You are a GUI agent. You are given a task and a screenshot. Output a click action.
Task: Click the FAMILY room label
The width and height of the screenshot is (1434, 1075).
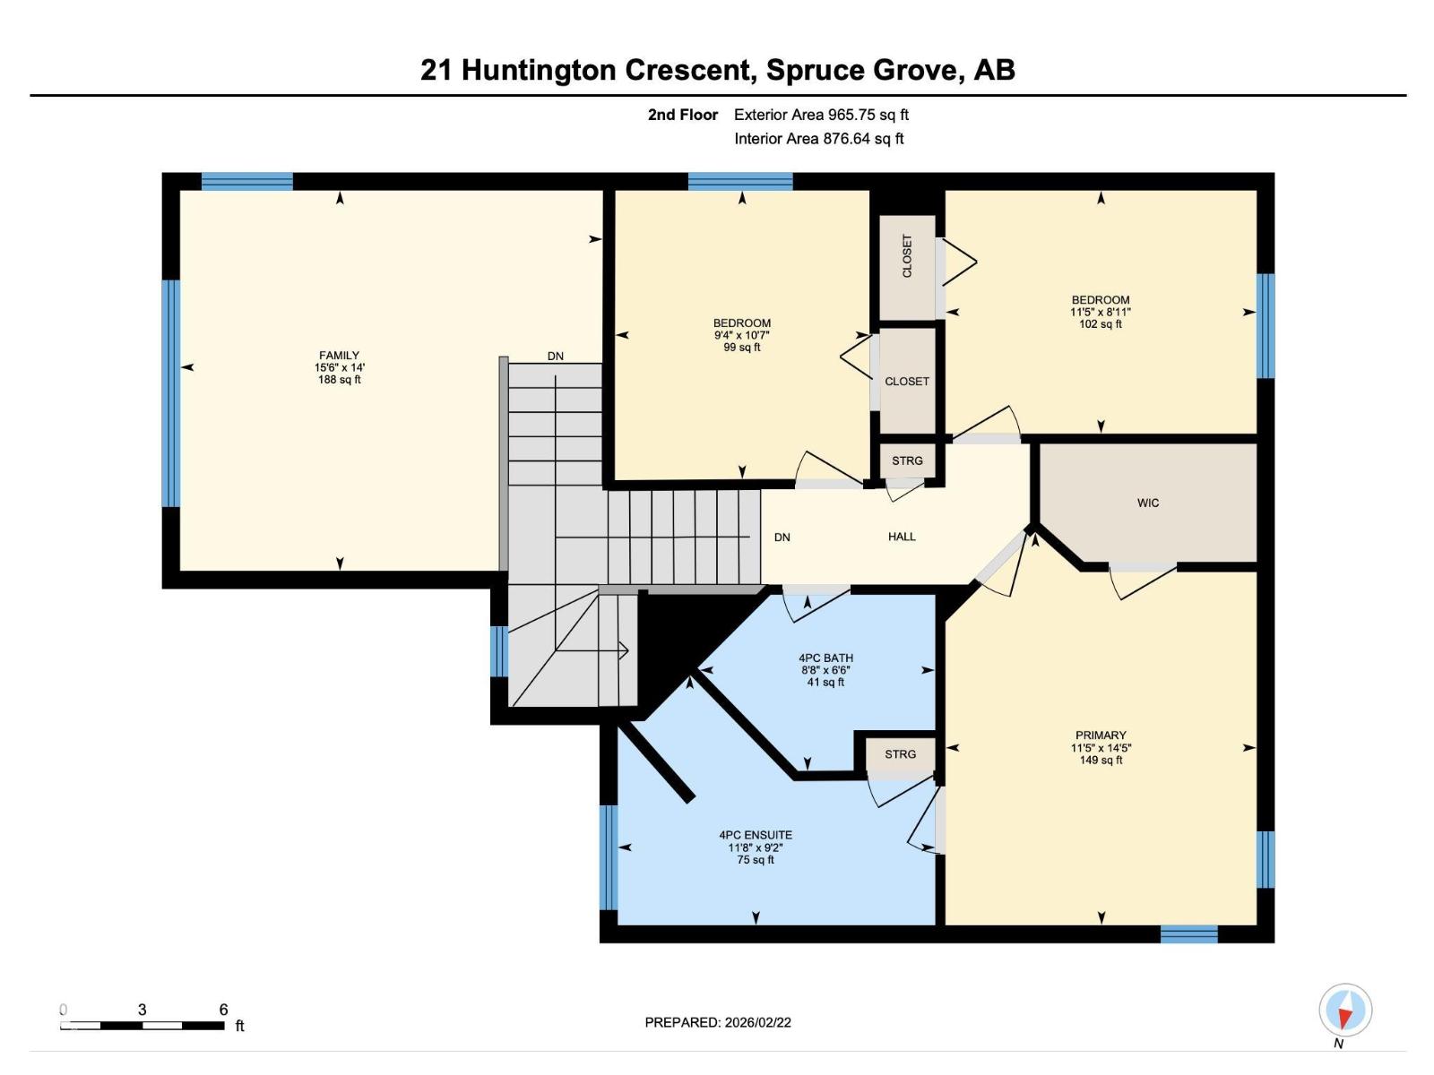(x=339, y=355)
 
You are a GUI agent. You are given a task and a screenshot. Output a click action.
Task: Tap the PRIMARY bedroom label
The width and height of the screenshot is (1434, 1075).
(x=1101, y=735)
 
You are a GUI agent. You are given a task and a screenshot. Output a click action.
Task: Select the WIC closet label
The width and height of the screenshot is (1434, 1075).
(x=1148, y=503)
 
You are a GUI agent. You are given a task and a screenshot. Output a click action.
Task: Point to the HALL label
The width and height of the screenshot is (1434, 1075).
(x=902, y=537)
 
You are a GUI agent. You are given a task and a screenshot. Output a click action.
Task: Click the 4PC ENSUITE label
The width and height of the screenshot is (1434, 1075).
(x=756, y=835)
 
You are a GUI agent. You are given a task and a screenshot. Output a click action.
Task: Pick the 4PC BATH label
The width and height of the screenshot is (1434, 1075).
(x=825, y=658)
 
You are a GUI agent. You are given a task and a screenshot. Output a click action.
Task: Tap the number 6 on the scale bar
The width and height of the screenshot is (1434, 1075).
(x=223, y=1009)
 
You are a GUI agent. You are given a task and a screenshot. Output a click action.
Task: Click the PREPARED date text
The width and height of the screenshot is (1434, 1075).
(x=717, y=1022)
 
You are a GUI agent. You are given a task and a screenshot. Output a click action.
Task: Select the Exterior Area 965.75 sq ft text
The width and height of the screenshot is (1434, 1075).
(x=821, y=115)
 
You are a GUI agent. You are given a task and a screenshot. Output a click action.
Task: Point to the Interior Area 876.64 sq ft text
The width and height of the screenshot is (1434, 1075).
(x=819, y=138)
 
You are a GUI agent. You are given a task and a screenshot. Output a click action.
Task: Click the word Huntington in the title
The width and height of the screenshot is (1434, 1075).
(x=539, y=70)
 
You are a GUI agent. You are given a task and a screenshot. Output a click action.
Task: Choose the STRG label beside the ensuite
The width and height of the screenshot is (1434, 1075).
(x=900, y=754)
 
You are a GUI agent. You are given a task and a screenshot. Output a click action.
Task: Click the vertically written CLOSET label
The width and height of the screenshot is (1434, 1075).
(x=907, y=256)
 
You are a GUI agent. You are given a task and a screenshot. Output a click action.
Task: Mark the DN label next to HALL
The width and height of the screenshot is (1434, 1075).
(x=782, y=537)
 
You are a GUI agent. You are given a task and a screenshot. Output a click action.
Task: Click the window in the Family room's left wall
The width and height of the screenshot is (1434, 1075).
(x=170, y=393)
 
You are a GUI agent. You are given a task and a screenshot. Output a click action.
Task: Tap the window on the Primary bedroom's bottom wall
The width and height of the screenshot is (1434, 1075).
(x=1189, y=934)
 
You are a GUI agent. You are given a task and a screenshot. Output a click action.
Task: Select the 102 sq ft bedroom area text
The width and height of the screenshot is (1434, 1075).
(x=1101, y=323)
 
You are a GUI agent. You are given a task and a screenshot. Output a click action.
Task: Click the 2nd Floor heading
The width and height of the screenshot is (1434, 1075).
(x=683, y=115)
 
